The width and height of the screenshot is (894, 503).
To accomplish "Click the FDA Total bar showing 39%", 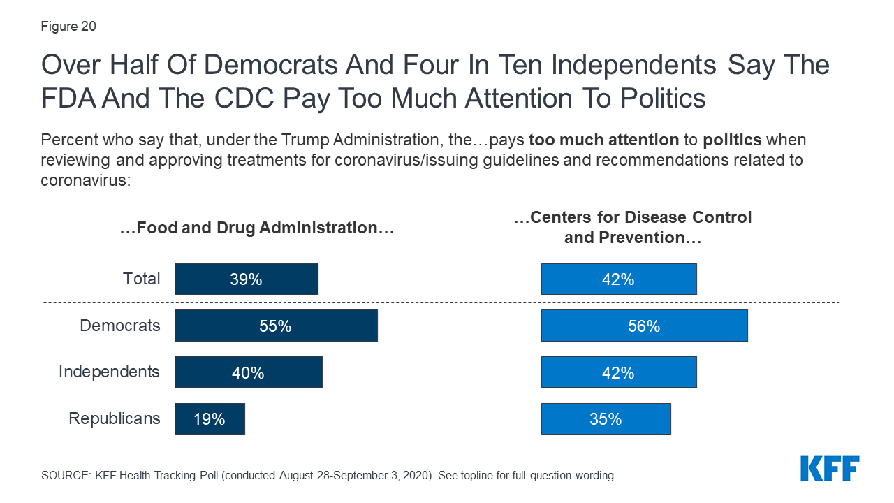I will point(246,279).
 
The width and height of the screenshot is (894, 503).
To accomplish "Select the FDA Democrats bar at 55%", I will point(276,326).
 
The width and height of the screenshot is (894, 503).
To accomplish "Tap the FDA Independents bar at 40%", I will point(248,372).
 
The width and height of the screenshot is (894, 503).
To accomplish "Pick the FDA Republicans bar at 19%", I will point(210,418).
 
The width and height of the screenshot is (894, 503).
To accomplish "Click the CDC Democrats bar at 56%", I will point(644,326).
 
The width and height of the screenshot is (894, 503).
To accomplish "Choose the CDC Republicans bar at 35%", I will point(606,418).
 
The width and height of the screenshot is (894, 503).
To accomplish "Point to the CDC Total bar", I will point(618,279).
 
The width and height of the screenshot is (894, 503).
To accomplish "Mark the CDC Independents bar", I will point(618,372).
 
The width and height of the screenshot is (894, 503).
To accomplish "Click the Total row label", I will point(142,279).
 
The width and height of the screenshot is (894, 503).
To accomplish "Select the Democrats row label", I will point(119,326).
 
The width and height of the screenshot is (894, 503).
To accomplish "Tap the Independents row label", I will point(109,372).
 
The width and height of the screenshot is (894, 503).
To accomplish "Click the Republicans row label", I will point(114,418).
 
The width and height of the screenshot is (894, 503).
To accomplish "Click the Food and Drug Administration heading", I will point(257,228).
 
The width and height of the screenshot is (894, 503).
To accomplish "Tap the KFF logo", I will point(830,468).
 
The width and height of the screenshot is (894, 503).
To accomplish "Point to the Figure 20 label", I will point(68,27).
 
